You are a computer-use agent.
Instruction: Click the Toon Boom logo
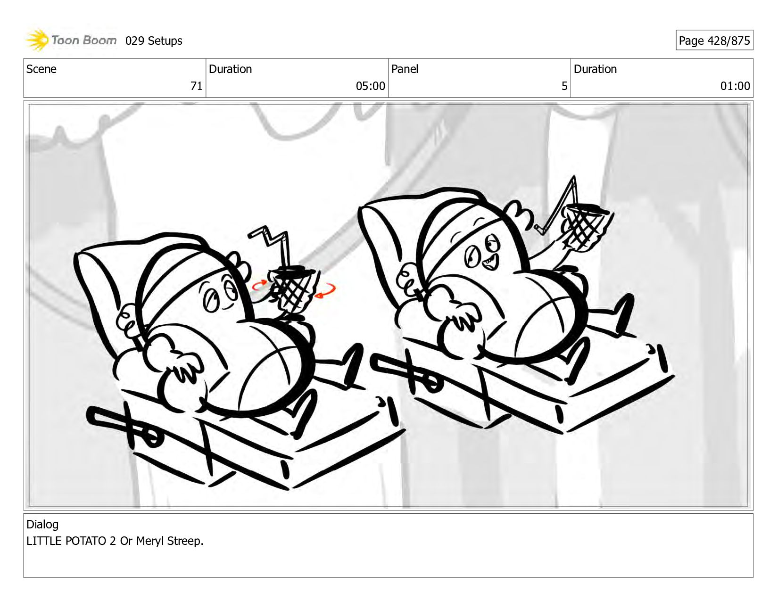71,40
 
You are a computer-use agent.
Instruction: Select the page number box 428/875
714,40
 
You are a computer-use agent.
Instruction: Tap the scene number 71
196,86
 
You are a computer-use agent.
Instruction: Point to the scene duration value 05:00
370,86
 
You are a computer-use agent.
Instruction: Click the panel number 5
564,86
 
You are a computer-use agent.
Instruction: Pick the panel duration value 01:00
735,86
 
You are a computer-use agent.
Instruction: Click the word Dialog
42,524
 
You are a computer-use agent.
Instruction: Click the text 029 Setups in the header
154,41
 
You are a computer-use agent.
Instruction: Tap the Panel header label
405,69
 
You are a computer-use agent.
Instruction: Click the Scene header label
41,69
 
